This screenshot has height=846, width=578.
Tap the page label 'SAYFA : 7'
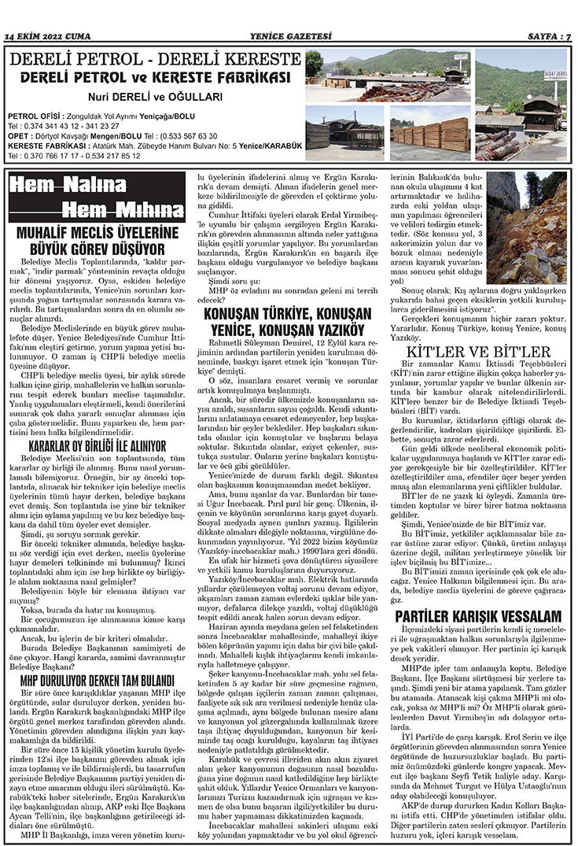(x=546, y=36)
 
